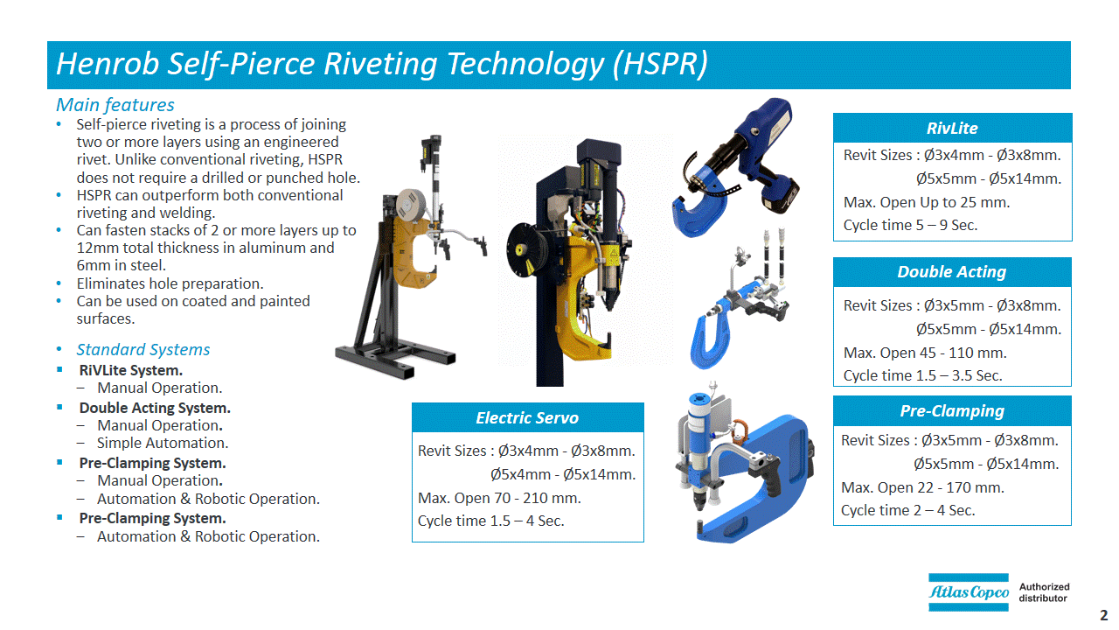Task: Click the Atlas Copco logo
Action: (968, 592)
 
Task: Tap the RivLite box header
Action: (952, 128)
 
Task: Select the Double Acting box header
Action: (952, 272)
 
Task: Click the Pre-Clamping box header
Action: (952, 411)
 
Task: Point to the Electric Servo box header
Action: (527, 417)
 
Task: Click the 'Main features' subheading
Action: (115, 105)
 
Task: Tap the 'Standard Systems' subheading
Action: (142, 349)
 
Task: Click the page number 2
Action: (1103, 615)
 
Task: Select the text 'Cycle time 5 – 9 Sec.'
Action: (910, 226)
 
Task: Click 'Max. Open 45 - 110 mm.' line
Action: (925, 353)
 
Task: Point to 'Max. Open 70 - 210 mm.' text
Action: (499, 498)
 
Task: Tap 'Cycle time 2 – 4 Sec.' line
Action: (907, 510)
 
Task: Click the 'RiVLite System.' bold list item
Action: (131, 370)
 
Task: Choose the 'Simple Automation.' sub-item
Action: (163, 443)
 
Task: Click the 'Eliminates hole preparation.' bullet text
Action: (170, 284)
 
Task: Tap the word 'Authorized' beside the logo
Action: (1044, 586)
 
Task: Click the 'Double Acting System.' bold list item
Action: (155, 408)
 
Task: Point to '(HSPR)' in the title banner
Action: (660, 64)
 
